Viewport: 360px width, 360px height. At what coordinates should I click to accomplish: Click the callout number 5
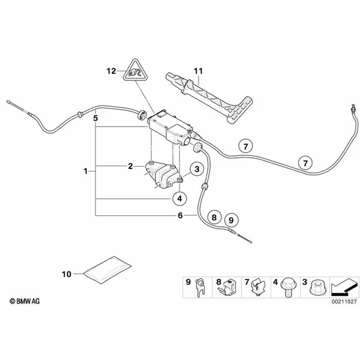(x=95, y=119)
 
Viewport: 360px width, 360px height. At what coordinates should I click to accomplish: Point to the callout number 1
(x=86, y=172)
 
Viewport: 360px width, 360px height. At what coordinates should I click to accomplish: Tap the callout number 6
(x=179, y=215)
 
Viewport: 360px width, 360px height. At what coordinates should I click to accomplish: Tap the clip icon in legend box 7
(x=257, y=286)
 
